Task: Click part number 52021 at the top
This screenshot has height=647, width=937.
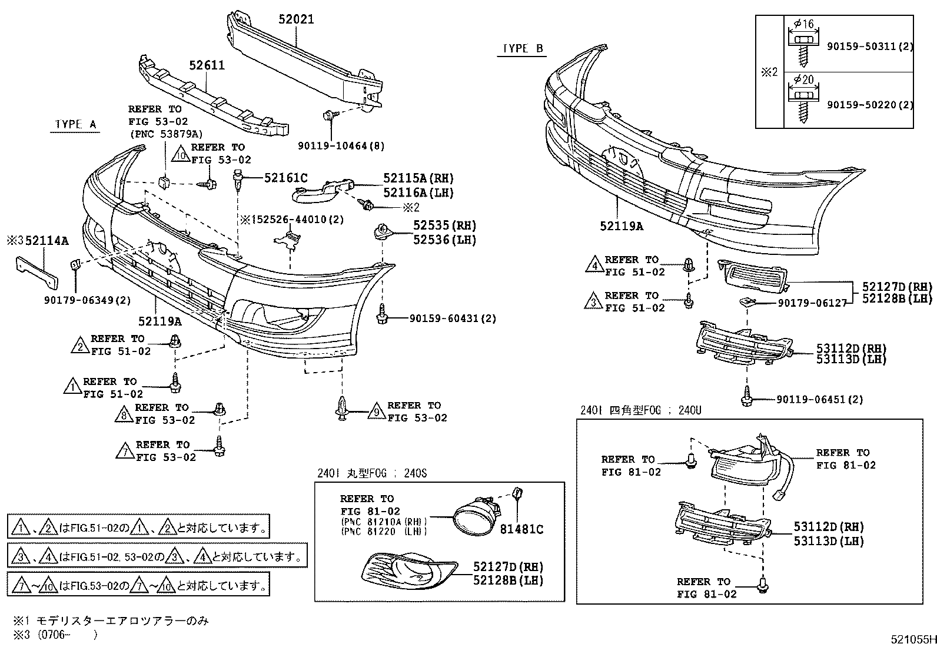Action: pyautogui.click(x=296, y=19)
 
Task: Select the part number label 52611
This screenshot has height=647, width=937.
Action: pyautogui.click(x=207, y=65)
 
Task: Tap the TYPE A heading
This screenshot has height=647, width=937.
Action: pyautogui.click(x=75, y=124)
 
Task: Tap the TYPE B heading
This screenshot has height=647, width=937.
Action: pyautogui.click(x=523, y=49)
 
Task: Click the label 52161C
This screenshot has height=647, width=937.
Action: pyautogui.click(x=285, y=178)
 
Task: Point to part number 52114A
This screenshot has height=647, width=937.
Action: pyautogui.click(x=47, y=240)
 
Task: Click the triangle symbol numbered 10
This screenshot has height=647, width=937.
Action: pyautogui.click(x=181, y=155)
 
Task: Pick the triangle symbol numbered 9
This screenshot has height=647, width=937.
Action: pyautogui.click(x=376, y=413)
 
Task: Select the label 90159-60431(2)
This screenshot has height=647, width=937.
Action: pyautogui.click(x=453, y=318)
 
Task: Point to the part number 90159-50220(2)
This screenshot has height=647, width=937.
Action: pyautogui.click(x=870, y=105)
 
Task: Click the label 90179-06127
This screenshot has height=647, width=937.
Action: pyautogui.click(x=812, y=303)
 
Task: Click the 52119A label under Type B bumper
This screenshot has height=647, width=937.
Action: pyautogui.click(x=622, y=225)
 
